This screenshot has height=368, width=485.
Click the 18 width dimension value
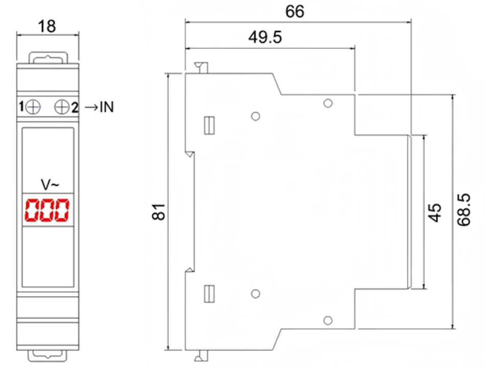click(x=47, y=26)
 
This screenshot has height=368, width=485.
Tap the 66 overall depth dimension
click(x=295, y=12)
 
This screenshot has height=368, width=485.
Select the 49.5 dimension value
click(x=265, y=37)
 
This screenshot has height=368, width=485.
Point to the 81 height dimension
click(x=159, y=212)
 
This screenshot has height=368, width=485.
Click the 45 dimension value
click(x=434, y=212)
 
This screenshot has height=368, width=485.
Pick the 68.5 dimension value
click(x=464, y=210)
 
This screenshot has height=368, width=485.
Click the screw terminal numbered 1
click(x=33, y=107)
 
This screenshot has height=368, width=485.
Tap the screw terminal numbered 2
click(x=62, y=107)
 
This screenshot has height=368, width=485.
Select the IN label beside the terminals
click(x=107, y=107)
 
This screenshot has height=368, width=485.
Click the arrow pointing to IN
click(x=91, y=108)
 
